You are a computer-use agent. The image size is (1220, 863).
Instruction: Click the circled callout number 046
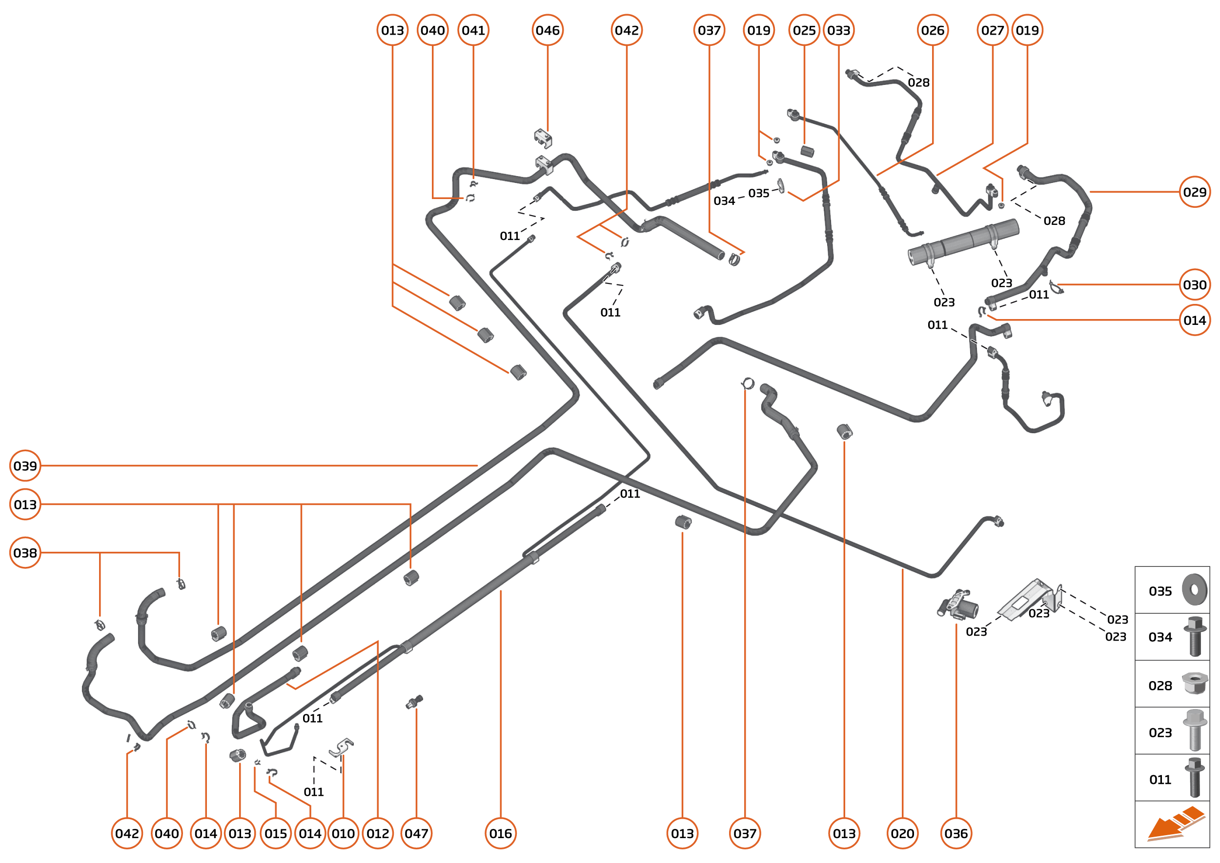click(x=547, y=30)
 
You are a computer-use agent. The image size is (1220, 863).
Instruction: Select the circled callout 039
click(x=25, y=465)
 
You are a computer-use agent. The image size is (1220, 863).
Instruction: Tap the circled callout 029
click(x=1195, y=192)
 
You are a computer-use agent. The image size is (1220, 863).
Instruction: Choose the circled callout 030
click(x=1195, y=285)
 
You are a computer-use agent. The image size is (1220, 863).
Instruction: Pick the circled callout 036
click(x=956, y=833)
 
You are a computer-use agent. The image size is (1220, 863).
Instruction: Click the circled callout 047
click(x=416, y=833)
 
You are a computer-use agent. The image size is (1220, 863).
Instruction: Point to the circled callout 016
click(x=500, y=833)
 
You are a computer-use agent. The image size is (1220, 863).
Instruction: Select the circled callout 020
click(x=902, y=833)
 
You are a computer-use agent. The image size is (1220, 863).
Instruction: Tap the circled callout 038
click(x=25, y=553)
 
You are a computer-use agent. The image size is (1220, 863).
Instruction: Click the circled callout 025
click(x=804, y=30)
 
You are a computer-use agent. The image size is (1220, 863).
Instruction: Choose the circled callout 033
click(x=838, y=30)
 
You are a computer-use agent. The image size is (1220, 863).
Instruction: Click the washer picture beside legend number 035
click(x=1194, y=590)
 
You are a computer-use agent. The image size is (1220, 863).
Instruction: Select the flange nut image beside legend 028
click(x=1194, y=683)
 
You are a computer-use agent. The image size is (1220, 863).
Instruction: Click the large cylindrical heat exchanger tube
click(x=963, y=242)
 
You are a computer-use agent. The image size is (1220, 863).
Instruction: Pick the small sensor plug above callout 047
click(x=414, y=702)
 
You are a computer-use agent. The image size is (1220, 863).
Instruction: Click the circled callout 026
click(x=933, y=30)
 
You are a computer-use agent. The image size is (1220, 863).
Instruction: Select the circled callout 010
click(x=343, y=833)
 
